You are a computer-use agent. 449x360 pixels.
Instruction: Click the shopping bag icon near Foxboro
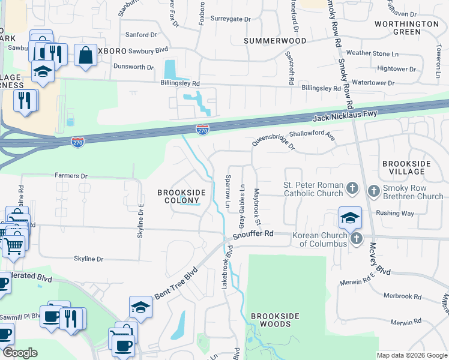click(86, 55)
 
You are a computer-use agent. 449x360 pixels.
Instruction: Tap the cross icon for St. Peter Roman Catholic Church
click(352, 190)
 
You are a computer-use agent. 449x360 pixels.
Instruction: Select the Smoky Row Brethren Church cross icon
click(373, 191)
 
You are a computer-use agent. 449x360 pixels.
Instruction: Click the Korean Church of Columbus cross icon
click(357, 239)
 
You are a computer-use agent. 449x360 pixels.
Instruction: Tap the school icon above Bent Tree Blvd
click(140, 307)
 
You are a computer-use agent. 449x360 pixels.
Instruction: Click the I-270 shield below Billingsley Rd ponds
click(202, 128)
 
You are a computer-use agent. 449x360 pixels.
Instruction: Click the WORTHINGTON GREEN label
click(406, 28)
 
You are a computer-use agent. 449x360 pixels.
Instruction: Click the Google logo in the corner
click(20, 353)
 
